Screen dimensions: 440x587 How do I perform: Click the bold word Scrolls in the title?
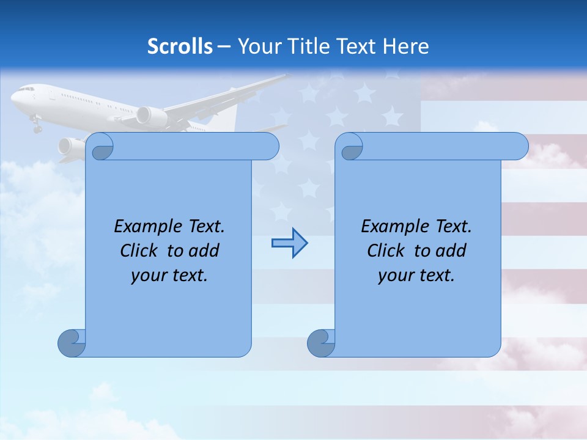tap(180, 46)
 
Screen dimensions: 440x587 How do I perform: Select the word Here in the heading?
tap(405, 46)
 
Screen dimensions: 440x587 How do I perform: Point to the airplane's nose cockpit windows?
tap(25, 89)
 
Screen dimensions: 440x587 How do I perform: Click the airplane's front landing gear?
tap(37, 126)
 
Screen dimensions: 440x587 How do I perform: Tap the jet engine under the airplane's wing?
tap(151, 116)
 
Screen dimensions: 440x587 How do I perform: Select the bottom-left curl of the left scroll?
tap(72, 343)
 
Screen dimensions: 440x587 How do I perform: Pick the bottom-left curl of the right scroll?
tap(321, 343)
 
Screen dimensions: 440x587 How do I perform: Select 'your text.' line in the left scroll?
tap(169, 276)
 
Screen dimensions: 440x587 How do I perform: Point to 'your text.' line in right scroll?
tap(416, 276)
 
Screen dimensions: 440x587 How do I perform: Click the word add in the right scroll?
tap(452, 251)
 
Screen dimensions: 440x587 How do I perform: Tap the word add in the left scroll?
tap(205, 251)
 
